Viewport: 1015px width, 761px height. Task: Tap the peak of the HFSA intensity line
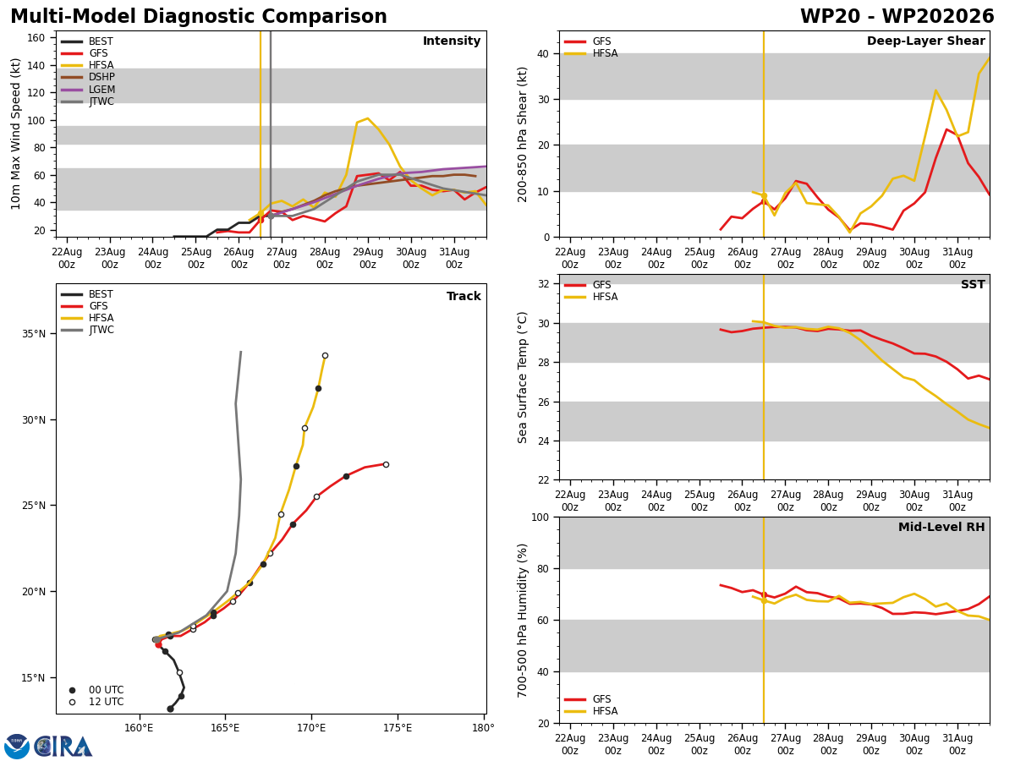(367, 118)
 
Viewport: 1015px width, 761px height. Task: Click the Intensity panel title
(452, 41)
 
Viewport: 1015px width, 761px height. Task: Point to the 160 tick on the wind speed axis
(36, 38)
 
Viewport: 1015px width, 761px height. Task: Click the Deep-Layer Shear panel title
(925, 41)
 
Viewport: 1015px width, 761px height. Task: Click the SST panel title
(973, 284)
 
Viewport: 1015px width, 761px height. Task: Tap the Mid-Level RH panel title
(941, 527)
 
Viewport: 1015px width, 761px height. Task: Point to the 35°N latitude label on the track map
(34, 334)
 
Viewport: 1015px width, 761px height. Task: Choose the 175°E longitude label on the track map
(398, 728)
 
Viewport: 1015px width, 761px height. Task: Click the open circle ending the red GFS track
(386, 464)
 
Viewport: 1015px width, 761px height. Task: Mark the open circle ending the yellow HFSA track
(325, 355)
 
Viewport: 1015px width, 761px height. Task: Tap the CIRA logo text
(63, 747)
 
